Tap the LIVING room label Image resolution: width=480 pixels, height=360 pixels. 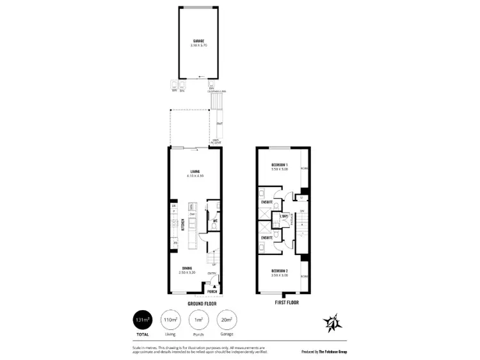(195, 171)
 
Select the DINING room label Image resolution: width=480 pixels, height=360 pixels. (186, 268)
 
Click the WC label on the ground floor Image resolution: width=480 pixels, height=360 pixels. (215, 221)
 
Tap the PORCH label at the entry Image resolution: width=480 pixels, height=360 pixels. (212, 291)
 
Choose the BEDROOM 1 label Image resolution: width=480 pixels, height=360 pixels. (278, 165)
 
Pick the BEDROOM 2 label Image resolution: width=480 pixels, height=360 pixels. (278, 271)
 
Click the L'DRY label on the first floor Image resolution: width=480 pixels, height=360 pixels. (284, 216)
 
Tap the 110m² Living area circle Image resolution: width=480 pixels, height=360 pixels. (170, 320)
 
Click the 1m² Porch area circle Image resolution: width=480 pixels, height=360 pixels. (198, 320)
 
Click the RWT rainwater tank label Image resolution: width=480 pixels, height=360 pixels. (220, 123)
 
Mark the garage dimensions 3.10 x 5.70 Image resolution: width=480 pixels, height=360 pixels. (199, 45)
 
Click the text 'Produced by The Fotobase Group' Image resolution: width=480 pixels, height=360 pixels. (324, 352)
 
